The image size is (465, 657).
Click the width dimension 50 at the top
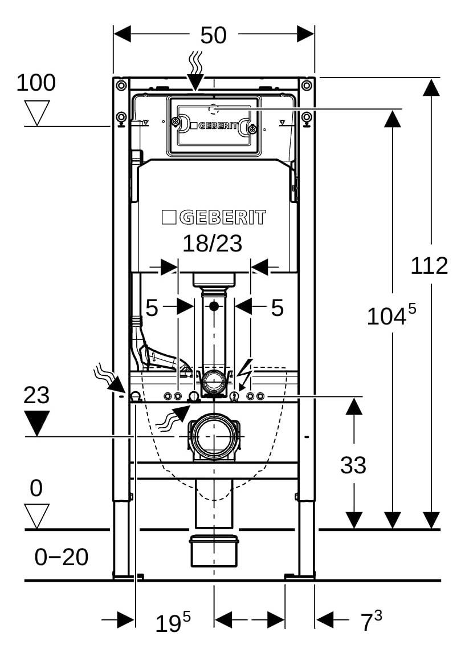pyautogui.click(x=214, y=35)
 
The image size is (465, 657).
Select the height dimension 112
pyautogui.click(x=429, y=266)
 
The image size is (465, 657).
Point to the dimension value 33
pyautogui.click(x=353, y=465)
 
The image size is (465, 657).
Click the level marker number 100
pyautogui.click(x=36, y=83)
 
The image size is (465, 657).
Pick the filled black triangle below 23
pyautogui.click(x=37, y=423)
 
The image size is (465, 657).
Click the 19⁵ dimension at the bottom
pyautogui.click(x=173, y=622)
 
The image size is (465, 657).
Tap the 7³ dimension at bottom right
pyautogui.click(x=372, y=621)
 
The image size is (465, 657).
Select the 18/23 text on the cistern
pyautogui.click(x=213, y=243)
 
